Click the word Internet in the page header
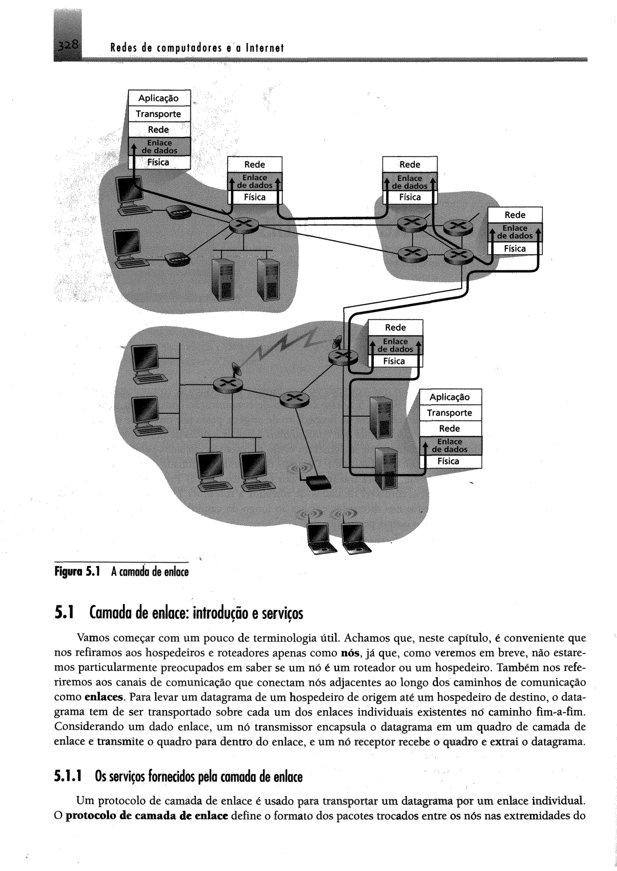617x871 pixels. coord(265,48)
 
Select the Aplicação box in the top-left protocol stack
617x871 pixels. coord(158,98)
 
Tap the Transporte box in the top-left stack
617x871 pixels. coord(158,114)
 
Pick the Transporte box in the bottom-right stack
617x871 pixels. coord(449,413)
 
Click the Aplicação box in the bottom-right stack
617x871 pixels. coord(449,397)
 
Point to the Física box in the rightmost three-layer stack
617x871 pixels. coord(515,249)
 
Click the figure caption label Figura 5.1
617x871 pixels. coord(77,572)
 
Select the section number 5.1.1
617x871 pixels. coord(68,777)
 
